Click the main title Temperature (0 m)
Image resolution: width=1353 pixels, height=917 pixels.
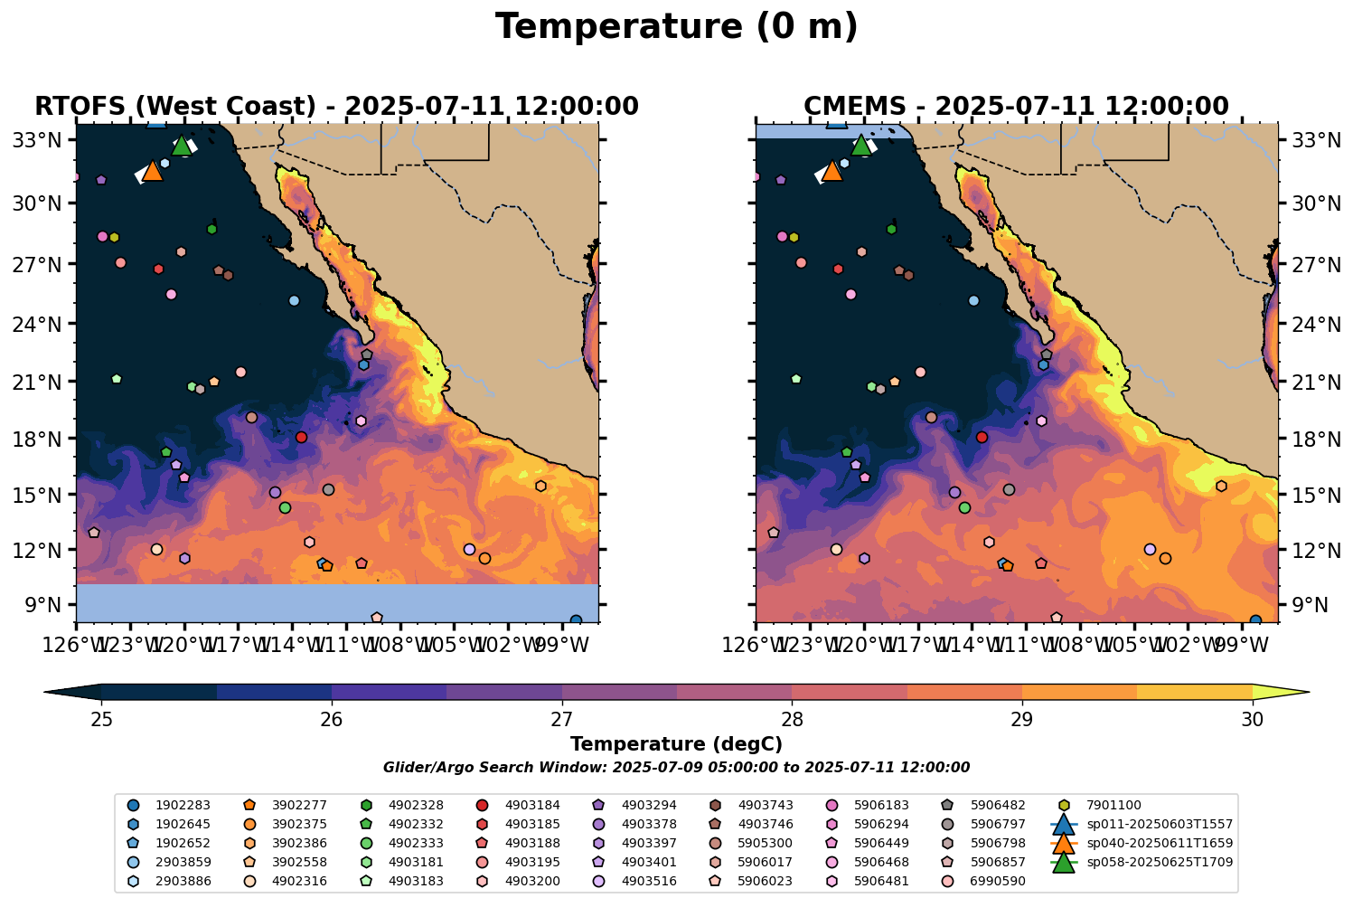tap(676, 27)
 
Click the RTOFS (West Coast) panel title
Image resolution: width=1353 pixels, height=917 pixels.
tap(336, 107)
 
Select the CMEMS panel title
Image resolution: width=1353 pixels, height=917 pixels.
tap(1016, 107)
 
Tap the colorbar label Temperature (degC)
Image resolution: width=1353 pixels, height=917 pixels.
tap(676, 744)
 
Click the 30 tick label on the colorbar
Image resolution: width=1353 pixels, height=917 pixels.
tap(1252, 719)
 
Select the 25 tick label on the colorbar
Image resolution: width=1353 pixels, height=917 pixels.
tap(101, 719)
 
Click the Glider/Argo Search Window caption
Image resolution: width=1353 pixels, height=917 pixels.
tap(676, 768)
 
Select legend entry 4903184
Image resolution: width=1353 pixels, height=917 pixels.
tap(531, 805)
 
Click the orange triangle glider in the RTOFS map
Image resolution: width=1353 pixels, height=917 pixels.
tap(152, 171)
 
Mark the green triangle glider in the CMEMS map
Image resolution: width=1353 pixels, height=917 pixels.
tap(861, 145)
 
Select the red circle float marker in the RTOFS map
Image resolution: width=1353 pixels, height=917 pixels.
tap(301, 437)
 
